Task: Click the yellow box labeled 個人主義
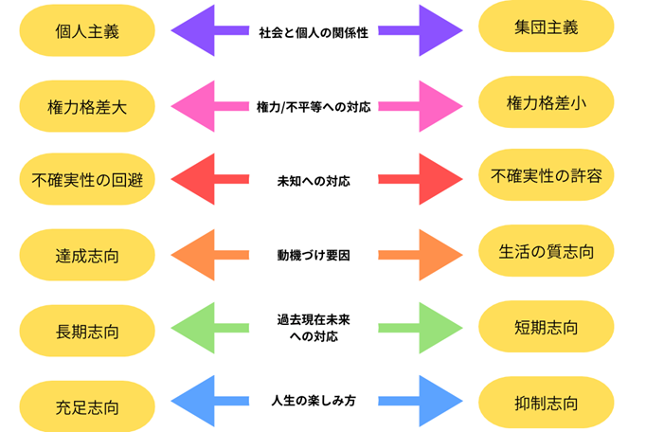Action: pos(86,31)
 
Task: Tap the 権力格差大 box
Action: pos(86,108)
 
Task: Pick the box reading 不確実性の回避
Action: pos(86,180)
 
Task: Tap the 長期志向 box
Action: pos(86,333)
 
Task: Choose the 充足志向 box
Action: pos(86,408)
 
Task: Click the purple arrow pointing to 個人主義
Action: pos(206,31)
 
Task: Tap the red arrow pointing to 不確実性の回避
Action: pos(206,179)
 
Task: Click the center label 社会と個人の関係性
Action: pos(314,31)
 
